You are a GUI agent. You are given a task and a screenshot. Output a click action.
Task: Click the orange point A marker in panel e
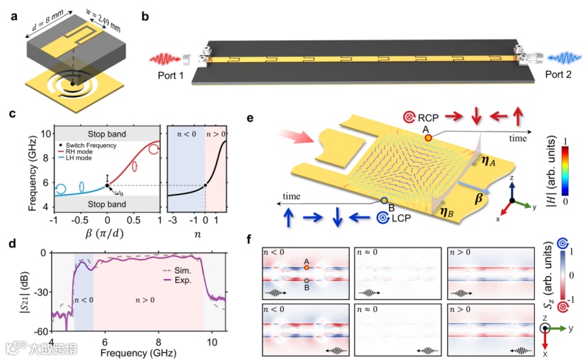click(x=428, y=138)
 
